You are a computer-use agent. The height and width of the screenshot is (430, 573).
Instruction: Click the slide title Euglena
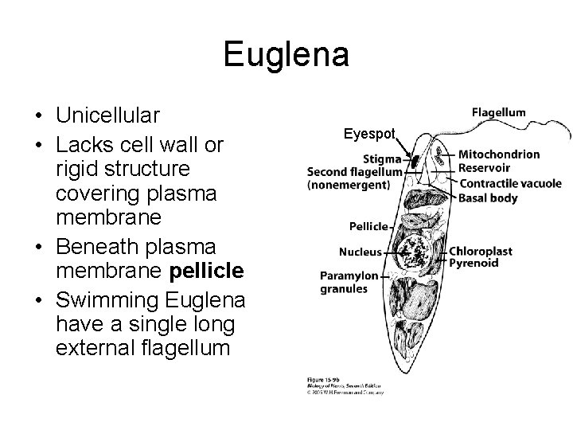[286, 54]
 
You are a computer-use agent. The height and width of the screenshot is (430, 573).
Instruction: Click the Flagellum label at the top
[498, 112]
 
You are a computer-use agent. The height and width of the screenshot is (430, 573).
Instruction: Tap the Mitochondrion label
[499, 154]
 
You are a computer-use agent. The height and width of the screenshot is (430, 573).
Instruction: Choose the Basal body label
[488, 197]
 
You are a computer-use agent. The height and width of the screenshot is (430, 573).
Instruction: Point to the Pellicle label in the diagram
[368, 226]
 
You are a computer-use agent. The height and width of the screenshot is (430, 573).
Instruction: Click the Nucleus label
[360, 252]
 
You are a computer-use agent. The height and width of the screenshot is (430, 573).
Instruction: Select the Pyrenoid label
[474, 263]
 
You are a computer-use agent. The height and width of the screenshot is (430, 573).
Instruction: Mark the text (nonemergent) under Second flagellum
[348, 186]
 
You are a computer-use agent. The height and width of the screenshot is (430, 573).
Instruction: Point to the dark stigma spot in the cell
[415, 162]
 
